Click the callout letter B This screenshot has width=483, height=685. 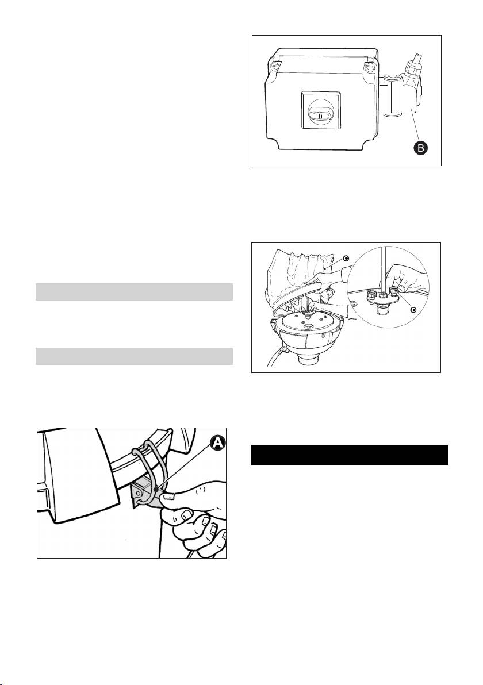420,148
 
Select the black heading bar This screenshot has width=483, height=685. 350,455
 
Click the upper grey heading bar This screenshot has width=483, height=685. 134,292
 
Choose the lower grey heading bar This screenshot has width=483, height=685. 134,356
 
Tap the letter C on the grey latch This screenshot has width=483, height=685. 138,493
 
